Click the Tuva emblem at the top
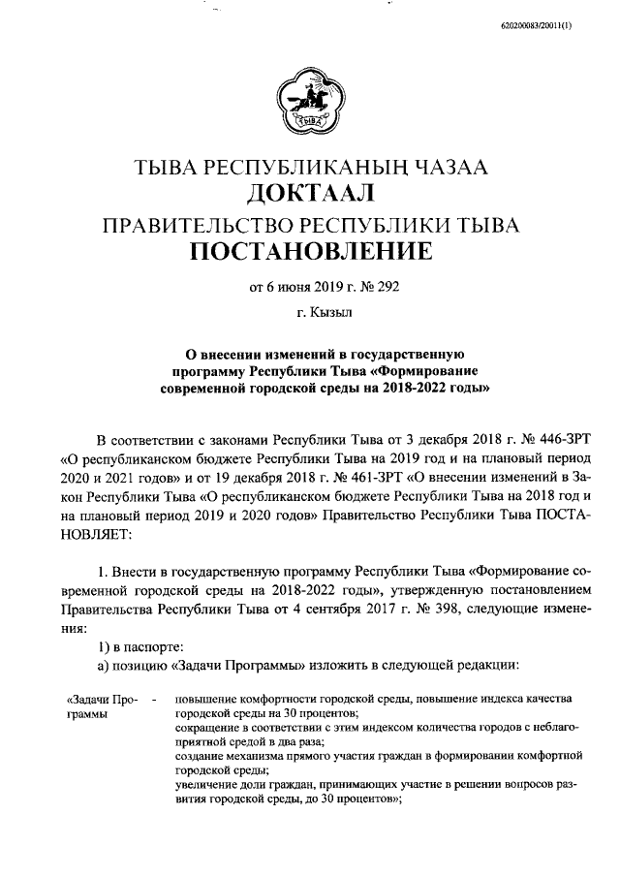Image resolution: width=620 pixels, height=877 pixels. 310,103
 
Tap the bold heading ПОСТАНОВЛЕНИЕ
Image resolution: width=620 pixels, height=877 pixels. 310,254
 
